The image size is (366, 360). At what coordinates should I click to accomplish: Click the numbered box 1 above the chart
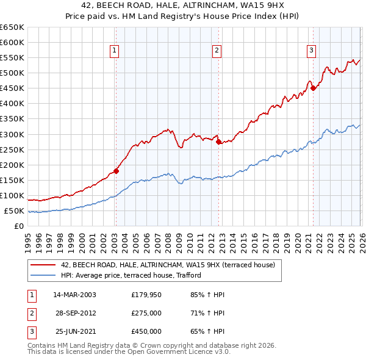115,51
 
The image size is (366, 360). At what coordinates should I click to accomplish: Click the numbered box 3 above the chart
311,51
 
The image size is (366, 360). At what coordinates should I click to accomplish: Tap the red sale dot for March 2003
116,171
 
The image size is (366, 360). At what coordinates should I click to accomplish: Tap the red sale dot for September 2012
218,142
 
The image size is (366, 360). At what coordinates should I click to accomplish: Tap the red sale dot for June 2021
313,88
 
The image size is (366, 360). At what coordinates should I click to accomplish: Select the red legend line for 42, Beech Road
43,265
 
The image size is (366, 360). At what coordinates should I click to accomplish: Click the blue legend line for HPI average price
43,275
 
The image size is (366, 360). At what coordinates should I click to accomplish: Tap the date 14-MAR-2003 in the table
74,295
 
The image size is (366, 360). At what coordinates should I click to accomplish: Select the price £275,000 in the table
146,313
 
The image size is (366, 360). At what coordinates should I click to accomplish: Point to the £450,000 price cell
146,331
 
